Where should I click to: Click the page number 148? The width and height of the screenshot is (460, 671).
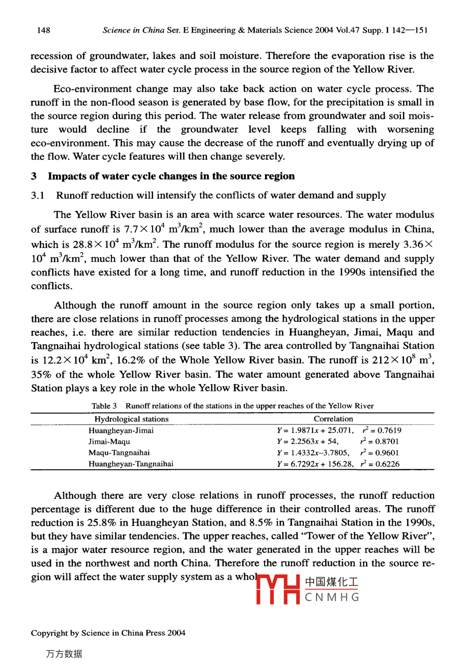tap(44, 30)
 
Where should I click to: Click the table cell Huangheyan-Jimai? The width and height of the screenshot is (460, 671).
tap(121, 431)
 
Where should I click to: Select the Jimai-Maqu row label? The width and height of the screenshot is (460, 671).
tap(109, 442)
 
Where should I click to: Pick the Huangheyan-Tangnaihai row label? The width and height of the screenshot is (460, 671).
tap(131, 464)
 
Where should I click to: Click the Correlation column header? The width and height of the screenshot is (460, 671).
tap(333, 419)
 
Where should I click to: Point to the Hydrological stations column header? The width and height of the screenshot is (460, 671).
tap(131, 419)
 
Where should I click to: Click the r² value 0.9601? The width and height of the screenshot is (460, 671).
tap(380, 453)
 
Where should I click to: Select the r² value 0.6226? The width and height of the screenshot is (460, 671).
tap(380, 464)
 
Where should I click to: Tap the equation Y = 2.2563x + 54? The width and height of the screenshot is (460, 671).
tap(307, 442)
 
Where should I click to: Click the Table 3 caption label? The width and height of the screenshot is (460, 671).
tap(104, 406)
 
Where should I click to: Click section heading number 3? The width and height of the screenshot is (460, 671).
tap(34, 176)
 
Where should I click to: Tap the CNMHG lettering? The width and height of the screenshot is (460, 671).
tap(332, 597)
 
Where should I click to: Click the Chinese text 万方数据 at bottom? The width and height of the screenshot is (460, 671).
tap(64, 654)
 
